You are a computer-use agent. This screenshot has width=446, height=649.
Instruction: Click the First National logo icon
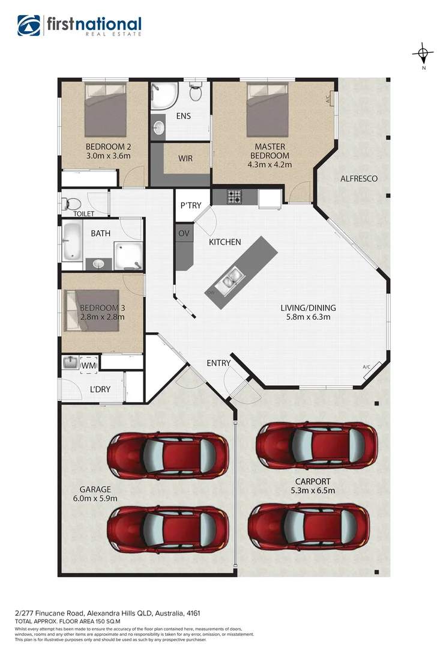pyautogui.click(x=29, y=26)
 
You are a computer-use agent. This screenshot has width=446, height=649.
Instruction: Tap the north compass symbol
pyautogui.click(x=423, y=54)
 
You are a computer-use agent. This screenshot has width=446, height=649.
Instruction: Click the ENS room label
pyautogui.click(x=183, y=116)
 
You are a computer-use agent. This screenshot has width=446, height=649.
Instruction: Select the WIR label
pyautogui.click(x=185, y=159)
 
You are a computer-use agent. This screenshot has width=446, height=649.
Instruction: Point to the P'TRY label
pyautogui.click(x=191, y=206)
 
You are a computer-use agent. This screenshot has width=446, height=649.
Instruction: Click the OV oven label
pyautogui.click(x=183, y=233)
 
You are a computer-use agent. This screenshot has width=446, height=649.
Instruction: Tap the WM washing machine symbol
pyautogui.click(x=88, y=364)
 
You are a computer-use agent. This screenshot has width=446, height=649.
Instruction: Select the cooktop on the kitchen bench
pyautogui.click(x=234, y=196)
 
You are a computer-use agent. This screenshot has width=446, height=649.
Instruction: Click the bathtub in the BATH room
pyautogui.click(x=72, y=240)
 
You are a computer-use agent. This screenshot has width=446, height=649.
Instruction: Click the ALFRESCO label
pyautogui.click(x=358, y=178)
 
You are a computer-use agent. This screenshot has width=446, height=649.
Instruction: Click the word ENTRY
pyautogui.click(x=218, y=363)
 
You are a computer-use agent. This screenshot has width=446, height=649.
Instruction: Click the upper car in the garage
pyautogui.click(x=168, y=456)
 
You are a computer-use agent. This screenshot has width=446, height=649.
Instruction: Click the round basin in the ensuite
pyautogui.click(x=159, y=127)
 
